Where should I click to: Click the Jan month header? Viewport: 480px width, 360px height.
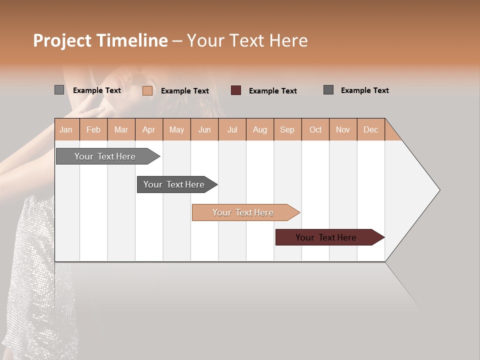click(66, 129)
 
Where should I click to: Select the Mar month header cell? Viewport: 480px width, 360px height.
click(121, 129)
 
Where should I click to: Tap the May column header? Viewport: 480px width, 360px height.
click(176, 129)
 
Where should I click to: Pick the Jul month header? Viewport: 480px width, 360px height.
click(232, 129)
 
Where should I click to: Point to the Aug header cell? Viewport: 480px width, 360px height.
click(259, 129)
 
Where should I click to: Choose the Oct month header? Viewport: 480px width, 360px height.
click(315, 129)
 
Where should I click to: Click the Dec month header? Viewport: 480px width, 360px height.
click(370, 129)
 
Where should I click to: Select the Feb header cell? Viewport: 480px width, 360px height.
click(93, 129)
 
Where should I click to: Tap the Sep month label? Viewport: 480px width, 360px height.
click(287, 129)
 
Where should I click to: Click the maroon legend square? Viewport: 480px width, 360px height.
click(236, 90)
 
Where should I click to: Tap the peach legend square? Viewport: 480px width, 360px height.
click(147, 90)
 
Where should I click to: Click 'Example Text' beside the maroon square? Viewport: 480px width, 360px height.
click(273, 91)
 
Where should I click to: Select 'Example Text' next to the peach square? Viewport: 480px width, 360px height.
click(185, 91)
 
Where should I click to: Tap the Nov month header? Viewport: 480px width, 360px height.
click(342, 129)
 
